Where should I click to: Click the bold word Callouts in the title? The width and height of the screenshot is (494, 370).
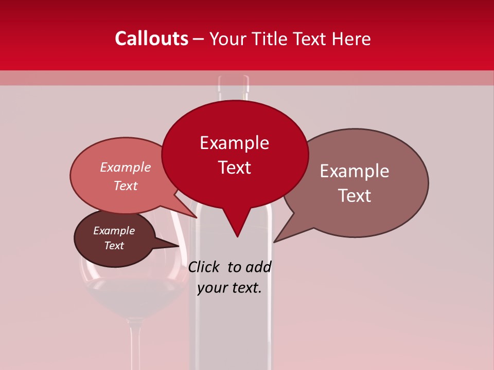pyautogui.click(x=151, y=39)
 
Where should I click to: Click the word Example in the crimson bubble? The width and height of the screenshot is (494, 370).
pyautogui.click(x=234, y=142)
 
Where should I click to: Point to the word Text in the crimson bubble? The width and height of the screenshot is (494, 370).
pyautogui.click(x=234, y=167)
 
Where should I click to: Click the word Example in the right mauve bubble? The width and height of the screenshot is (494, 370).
pyautogui.click(x=355, y=171)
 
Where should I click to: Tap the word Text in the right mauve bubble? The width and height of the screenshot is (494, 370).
pyautogui.click(x=355, y=195)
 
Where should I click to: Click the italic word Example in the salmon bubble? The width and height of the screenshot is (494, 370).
pyautogui.click(x=125, y=167)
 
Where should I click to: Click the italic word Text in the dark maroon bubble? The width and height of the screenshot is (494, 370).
pyautogui.click(x=114, y=246)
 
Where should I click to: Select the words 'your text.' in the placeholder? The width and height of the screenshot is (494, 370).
pyautogui.click(x=230, y=288)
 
